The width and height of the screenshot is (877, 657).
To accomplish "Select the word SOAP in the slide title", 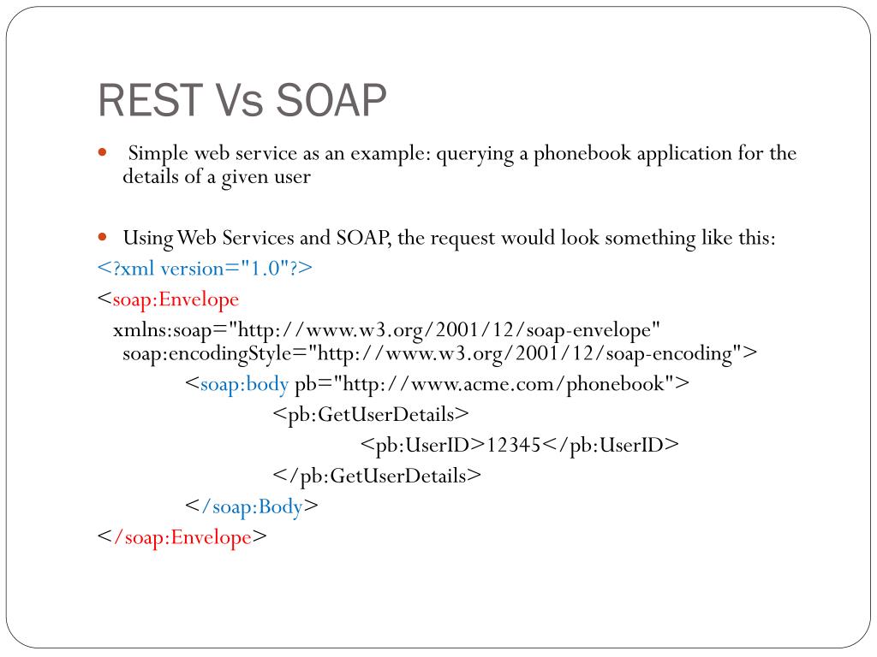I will coord(331,101).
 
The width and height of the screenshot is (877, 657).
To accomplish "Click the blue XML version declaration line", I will coord(206,269).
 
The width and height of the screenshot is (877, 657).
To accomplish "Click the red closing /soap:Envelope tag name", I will coord(182,537).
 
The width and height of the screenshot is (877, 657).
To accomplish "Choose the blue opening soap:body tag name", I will coord(244,384).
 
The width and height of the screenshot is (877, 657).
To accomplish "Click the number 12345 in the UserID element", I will coord(513,445).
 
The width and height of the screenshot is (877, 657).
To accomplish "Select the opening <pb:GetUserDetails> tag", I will coord(371,415).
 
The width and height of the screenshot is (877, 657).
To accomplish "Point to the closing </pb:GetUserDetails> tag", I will coord(377,476).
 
